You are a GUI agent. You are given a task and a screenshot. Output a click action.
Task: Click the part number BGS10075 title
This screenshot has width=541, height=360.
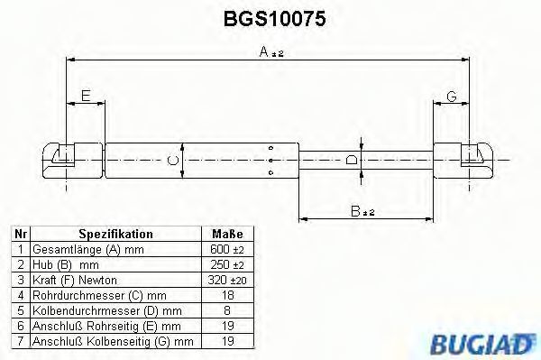(274, 19)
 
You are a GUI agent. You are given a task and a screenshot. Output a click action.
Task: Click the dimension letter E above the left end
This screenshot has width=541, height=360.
(86, 96)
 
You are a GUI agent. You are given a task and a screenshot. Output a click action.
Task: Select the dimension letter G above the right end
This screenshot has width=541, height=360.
(452, 97)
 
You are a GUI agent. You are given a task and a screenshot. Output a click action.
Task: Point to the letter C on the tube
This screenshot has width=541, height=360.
(172, 161)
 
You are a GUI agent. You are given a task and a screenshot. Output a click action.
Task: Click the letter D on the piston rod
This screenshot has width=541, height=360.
(352, 160)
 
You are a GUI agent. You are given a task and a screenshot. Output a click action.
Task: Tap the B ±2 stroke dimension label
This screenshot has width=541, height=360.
(362, 211)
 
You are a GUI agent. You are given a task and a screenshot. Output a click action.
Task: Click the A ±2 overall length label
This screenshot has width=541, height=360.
(271, 52)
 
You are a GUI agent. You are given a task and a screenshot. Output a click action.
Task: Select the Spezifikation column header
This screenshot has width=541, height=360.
(116, 234)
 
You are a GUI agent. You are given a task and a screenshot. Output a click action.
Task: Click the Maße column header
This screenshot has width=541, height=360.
(227, 234)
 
